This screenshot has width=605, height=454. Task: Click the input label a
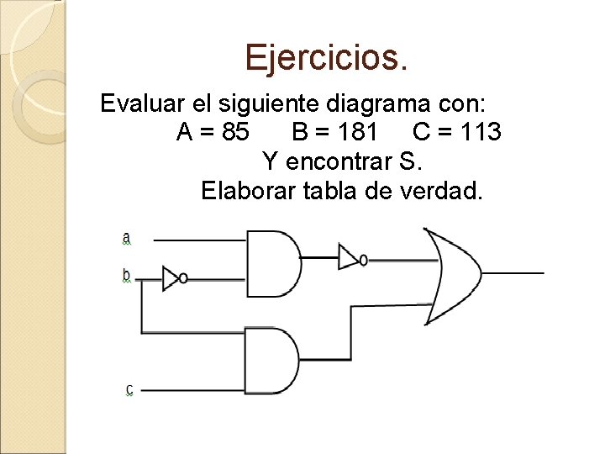(x=127, y=239)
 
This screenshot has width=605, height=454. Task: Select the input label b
(x=127, y=275)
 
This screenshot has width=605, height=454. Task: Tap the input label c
(x=129, y=389)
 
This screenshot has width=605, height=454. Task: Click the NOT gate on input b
(x=173, y=278)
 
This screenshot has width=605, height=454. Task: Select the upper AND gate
(x=272, y=262)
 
